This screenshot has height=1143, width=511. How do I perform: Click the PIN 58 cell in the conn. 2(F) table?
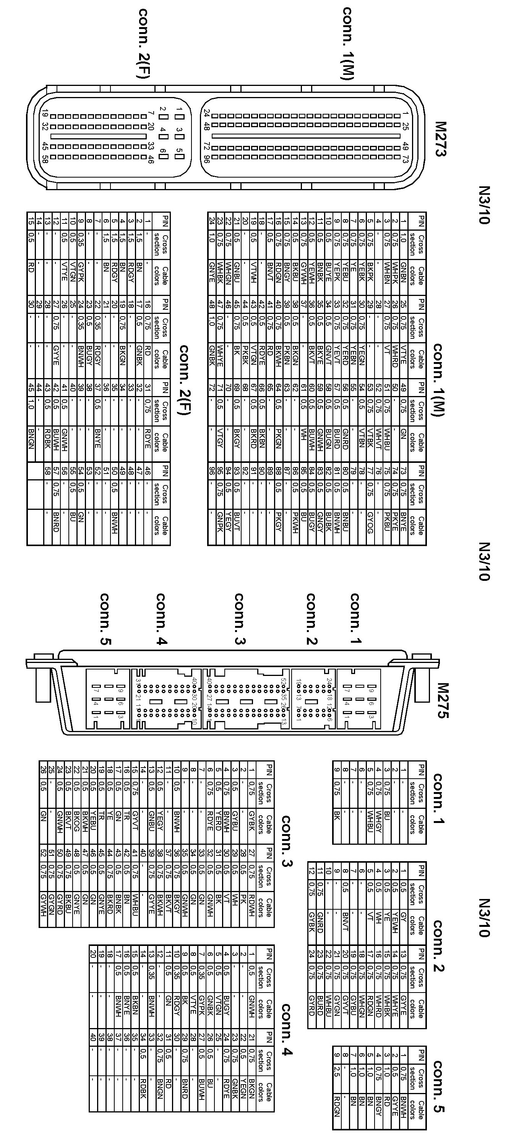tap(48, 472)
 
